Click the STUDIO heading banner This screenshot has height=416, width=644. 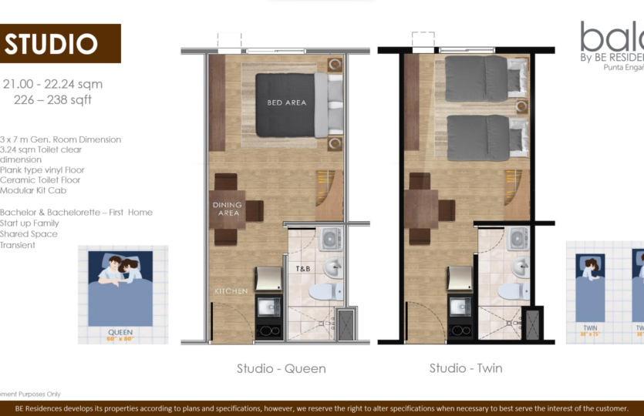pos(59,44)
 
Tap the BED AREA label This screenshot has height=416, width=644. pos(287,102)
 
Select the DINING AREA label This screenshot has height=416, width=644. pos(228,209)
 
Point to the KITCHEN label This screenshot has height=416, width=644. pos(231,291)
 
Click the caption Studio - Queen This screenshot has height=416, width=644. pos(281,368)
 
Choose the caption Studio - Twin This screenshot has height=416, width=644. pos(466,368)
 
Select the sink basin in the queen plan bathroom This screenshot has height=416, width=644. pos(334,268)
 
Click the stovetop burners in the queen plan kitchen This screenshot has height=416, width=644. pos(268,332)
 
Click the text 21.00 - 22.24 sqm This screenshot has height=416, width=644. pos(53,85)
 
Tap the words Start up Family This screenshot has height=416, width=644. pos(30,223)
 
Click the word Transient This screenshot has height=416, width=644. pos(19,245)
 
